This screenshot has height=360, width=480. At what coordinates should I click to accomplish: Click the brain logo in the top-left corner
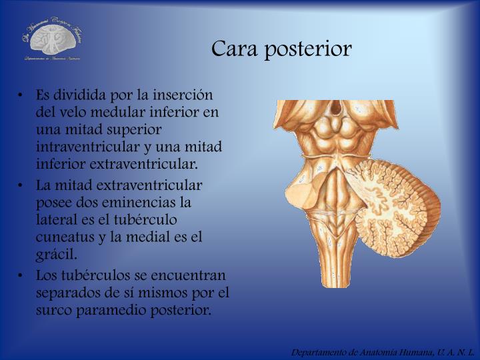(x=52, y=41)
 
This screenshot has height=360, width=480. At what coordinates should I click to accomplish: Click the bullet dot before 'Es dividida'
(x=23, y=96)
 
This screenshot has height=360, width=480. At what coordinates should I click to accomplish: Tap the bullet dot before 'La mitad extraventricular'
(x=23, y=185)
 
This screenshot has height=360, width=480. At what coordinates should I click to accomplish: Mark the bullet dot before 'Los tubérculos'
(x=23, y=275)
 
